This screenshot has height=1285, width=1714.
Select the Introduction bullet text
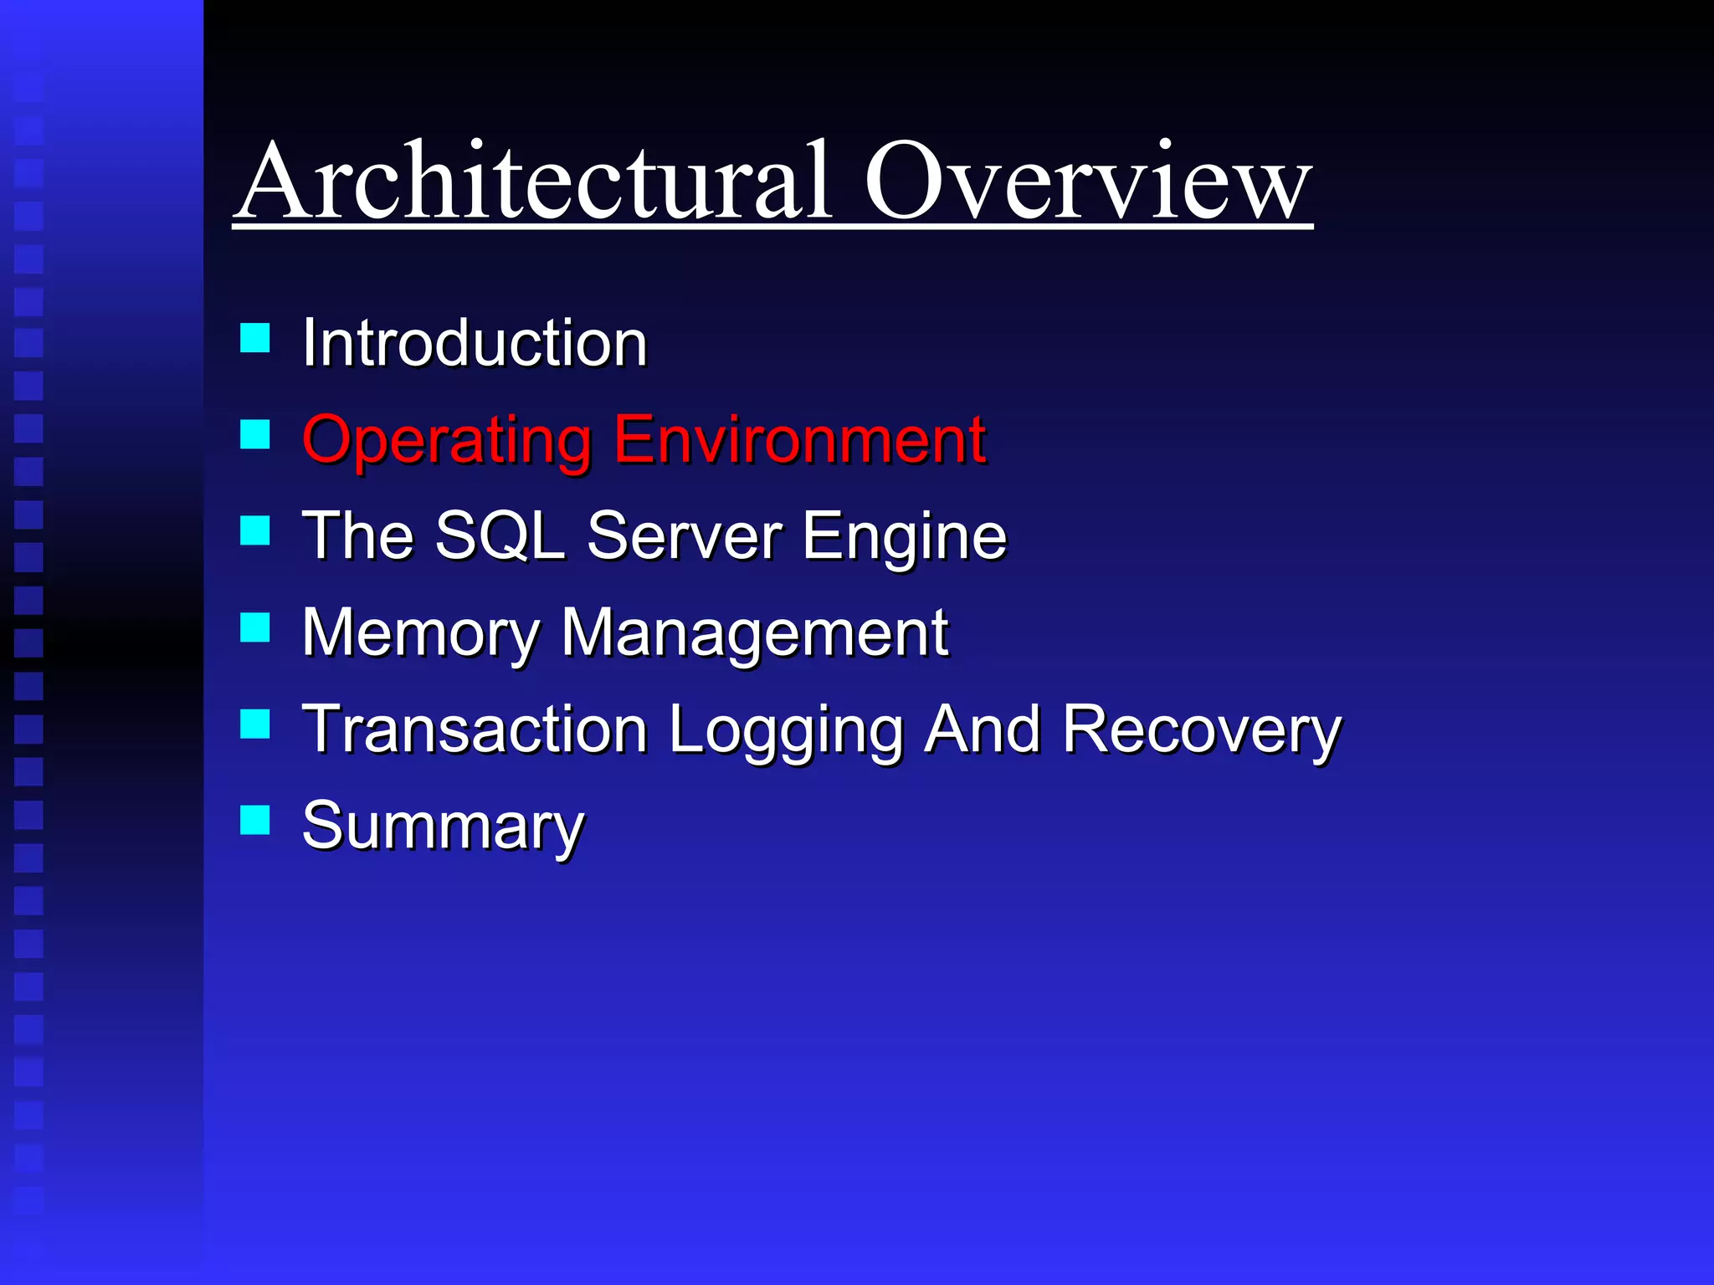tap(475, 343)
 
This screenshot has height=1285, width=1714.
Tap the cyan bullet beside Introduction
tap(254, 338)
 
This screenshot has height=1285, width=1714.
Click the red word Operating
tap(446, 440)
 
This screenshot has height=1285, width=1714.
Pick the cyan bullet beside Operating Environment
tap(254, 434)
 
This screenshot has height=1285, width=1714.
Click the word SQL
tap(500, 535)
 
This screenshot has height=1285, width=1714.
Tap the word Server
tap(684, 535)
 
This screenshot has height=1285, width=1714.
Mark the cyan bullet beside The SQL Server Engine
tap(254, 530)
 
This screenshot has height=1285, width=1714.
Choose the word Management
tap(754, 633)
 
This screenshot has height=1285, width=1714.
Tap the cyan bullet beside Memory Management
tap(254, 627)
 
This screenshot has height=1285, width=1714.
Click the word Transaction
tap(475, 729)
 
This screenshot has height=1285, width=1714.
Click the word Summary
tap(443, 827)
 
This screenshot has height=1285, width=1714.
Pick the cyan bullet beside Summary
tap(254, 820)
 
